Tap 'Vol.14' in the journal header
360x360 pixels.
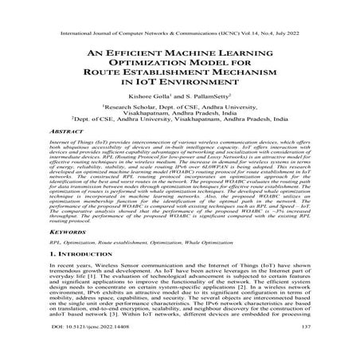point(253,14)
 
